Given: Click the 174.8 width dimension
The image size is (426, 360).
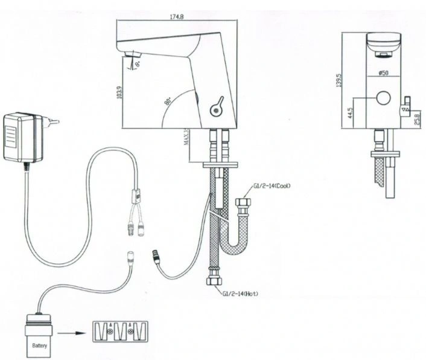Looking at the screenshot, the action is [177, 16].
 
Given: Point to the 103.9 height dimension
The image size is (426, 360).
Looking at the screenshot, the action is [120, 92].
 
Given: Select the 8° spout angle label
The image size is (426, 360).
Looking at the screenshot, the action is [138, 64].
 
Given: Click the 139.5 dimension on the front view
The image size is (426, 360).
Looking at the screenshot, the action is [339, 80].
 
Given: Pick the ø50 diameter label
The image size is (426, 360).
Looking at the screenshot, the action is [383, 72].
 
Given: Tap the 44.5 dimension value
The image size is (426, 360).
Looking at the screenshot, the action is [350, 112].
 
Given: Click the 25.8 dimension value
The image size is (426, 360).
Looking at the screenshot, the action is [418, 119].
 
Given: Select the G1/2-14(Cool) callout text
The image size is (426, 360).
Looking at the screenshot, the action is [272, 186].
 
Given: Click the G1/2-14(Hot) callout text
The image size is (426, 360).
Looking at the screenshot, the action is [240, 294].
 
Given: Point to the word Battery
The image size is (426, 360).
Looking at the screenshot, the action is [39, 346].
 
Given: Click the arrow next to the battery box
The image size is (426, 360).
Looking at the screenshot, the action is [70, 333].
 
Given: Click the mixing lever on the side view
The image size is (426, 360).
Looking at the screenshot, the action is [217, 106].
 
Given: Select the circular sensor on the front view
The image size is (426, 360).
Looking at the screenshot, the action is [383, 98].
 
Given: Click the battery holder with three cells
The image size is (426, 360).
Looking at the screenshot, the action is [120, 332].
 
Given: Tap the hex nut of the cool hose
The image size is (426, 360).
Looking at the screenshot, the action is [243, 203].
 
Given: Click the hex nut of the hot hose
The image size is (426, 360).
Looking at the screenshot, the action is [215, 281].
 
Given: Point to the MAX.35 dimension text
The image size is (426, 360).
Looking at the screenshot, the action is [186, 137].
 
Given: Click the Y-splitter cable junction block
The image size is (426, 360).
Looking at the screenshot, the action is [136, 195].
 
